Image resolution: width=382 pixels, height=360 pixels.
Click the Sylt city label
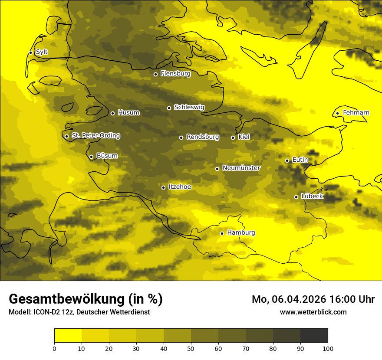(42, 52)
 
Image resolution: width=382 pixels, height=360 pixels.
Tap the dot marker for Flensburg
(155, 74)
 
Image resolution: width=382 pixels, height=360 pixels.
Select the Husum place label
(128, 113)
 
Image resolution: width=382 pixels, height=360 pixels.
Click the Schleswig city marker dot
(169, 108)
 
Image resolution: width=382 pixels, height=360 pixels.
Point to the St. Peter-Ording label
(95, 136)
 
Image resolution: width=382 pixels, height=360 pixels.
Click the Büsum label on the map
(107, 156)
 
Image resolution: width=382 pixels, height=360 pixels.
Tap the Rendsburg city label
(203, 137)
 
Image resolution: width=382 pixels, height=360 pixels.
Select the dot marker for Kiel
(233, 137)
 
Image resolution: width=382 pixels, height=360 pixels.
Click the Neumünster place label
(241, 168)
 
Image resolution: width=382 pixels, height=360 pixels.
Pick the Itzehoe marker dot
(163, 187)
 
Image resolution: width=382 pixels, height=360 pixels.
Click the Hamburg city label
(241, 233)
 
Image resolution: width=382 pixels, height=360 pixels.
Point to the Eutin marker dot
(287, 160)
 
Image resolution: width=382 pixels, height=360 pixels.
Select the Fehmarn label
(356, 113)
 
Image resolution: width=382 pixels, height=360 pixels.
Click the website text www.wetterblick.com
(313, 312)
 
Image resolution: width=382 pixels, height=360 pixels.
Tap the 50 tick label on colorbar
(191, 348)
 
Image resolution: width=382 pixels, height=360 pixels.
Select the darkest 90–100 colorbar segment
(314, 336)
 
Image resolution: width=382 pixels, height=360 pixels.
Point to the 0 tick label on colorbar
(54, 348)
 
